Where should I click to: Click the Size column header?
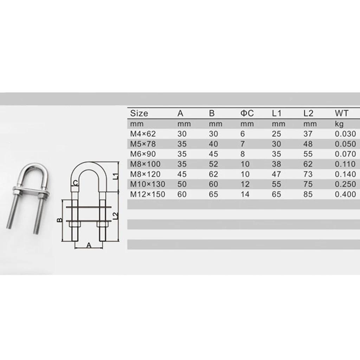point(139,114)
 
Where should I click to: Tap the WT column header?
point(341,114)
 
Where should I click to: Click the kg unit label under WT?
point(339,124)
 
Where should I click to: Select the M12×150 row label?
point(147,194)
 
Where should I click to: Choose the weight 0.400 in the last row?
point(346,194)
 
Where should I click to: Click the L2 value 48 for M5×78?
point(308,144)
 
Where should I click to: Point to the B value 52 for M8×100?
point(213,164)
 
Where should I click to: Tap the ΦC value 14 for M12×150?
point(245,194)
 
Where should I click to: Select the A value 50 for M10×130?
point(182,184)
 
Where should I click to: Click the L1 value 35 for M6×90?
point(276,154)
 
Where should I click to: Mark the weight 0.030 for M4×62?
point(346,134)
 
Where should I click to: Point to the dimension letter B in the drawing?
point(59,220)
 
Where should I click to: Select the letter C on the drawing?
point(75,182)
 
